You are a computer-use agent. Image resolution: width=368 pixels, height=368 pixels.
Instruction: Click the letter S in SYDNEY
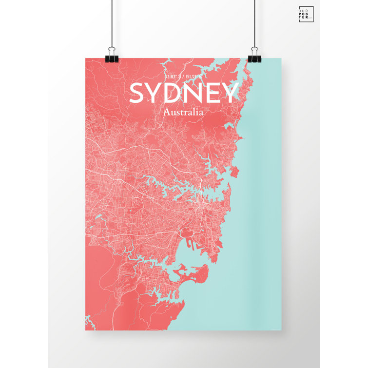139,93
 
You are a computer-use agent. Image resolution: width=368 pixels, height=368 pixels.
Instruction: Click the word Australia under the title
184,112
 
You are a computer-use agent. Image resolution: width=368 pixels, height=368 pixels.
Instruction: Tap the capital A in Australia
168,112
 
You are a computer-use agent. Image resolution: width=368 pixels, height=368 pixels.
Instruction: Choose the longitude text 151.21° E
194,76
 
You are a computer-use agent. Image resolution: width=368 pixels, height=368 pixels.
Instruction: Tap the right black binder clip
254,54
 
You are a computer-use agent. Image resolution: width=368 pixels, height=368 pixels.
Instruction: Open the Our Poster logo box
306,15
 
